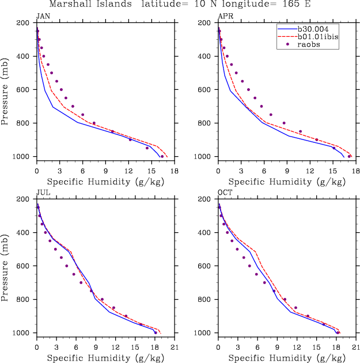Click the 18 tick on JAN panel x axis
click(174, 171)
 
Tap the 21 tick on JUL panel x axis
click(174, 347)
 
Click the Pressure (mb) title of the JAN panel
click(6, 90)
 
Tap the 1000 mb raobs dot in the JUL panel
click(156, 332)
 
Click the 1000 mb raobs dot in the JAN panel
click(162, 156)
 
